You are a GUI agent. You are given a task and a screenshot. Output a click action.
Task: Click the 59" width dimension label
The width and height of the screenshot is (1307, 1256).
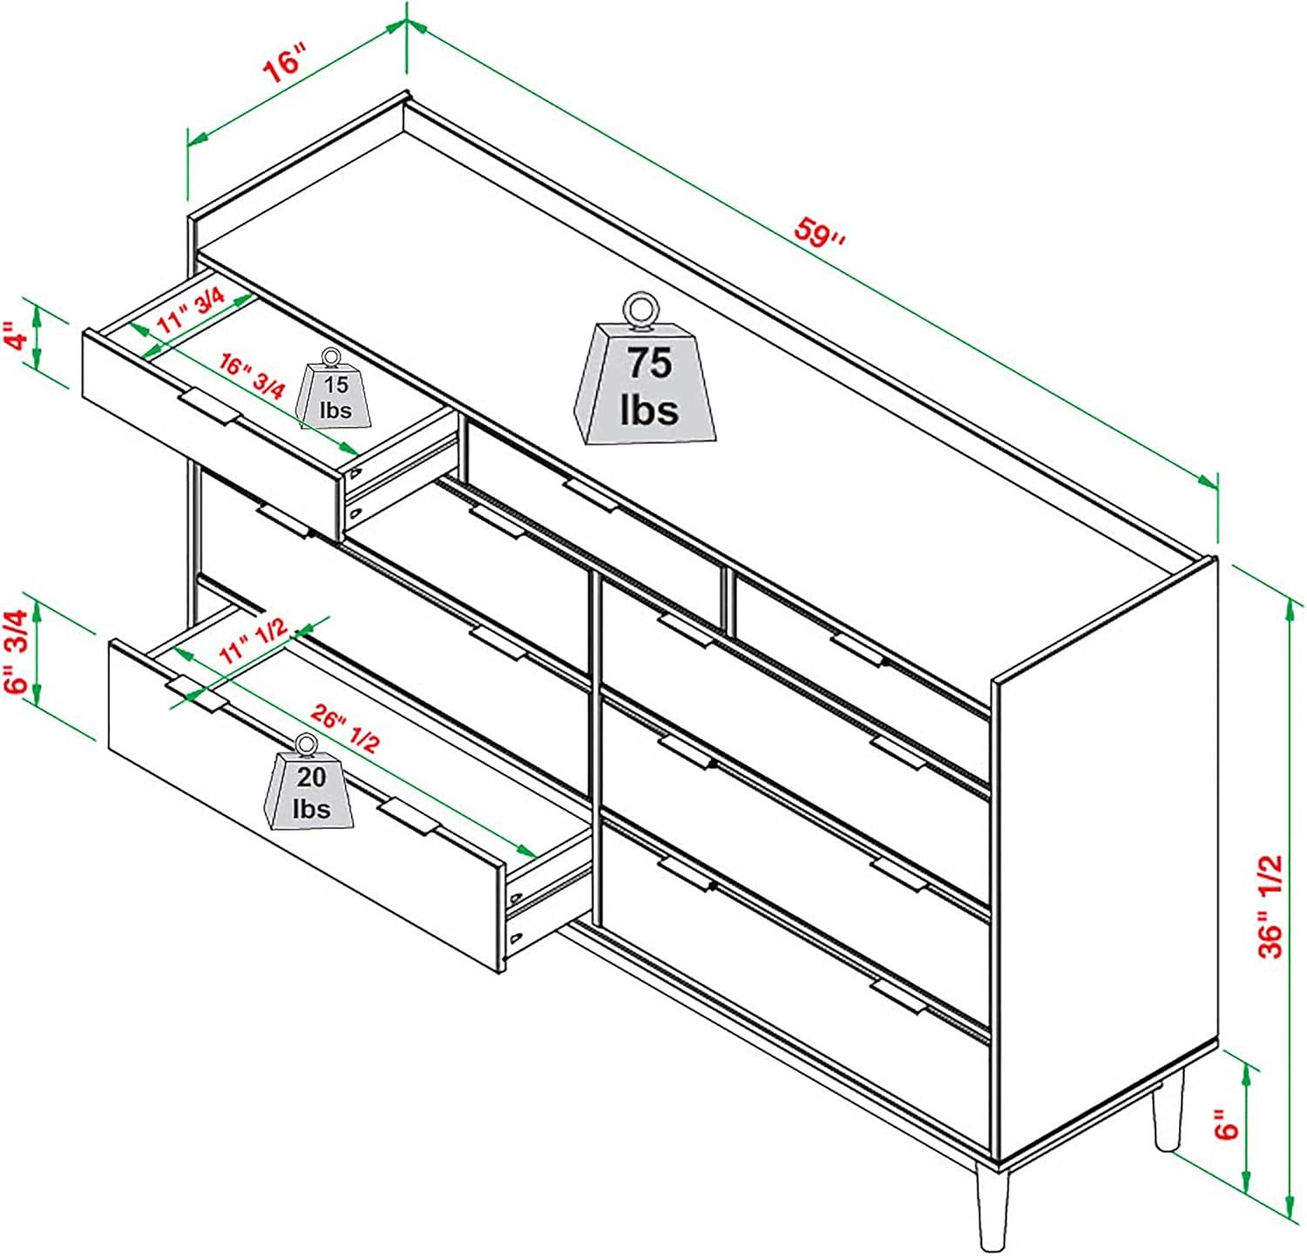[820, 234]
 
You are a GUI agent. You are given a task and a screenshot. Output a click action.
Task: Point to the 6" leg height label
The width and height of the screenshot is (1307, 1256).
[1228, 1124]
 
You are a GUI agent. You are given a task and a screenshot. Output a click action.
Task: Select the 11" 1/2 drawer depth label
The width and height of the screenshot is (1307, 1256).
[253, 643]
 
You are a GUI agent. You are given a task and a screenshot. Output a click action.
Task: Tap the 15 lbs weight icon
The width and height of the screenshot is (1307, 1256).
[334, 390]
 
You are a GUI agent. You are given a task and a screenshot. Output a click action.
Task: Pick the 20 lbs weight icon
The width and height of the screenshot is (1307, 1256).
[311, 783]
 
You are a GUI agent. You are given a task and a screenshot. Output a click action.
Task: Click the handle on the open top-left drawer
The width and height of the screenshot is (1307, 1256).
[208, 408]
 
